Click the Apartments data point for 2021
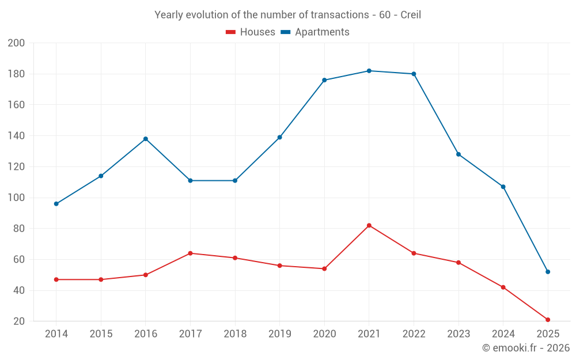(x=369, y=71)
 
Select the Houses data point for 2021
(x=369, y=225)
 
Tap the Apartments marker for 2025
(x=548, y=272)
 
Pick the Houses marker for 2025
(x=548, y=320)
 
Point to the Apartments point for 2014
(x=56, y=204)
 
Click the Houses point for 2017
(x=190, y=253)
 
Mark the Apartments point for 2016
(x=146, y=139)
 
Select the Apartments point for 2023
(x=458, y=154)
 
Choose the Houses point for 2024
(x=503, y=287)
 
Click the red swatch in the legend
(x=230, y=32)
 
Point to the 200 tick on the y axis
(x=16, y=43)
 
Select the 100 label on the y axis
(x=16, y=198)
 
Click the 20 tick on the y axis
(x=20, y=321)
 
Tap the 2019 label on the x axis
(x=279, y=334)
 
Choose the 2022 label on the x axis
(x=414, y=334)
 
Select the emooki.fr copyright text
(x=525, y=348)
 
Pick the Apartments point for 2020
(x=324, y=80)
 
